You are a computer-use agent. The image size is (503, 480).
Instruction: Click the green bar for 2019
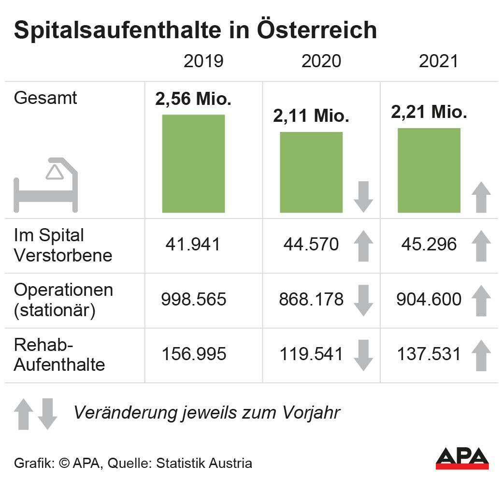click(193, 163)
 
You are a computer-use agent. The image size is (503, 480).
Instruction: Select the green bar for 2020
click(311, 172)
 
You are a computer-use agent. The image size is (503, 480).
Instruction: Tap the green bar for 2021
click(429, 170)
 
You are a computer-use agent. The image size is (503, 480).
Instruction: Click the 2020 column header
click(321, 61)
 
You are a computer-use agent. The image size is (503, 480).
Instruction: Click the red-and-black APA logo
click(462, 458)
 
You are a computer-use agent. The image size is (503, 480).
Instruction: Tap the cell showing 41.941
click(193, 244)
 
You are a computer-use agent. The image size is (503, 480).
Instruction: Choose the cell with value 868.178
click(311, 299)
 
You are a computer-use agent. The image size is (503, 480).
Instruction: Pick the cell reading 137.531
click(429, 354)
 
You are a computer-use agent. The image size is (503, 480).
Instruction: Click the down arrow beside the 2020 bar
click(363, 197)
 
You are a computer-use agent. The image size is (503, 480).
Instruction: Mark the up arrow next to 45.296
click(481, 246)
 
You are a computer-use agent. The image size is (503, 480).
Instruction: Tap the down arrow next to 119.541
click(363, 355)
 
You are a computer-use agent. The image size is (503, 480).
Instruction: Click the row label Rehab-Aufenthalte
click(59, 355)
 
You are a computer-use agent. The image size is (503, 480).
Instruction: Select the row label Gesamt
click(45, 98)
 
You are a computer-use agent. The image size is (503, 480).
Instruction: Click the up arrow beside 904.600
click(481, 301)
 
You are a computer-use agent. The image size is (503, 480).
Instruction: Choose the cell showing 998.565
click(193, 299)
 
